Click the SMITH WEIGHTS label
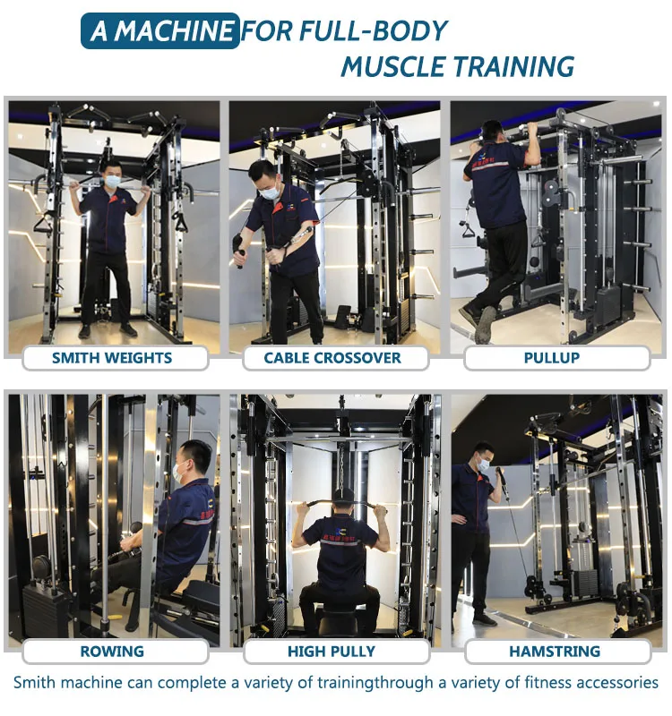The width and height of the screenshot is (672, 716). point(112,358)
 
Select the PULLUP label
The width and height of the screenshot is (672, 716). point(551,358)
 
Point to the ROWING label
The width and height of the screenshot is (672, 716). point(112,652)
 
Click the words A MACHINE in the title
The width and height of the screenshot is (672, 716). point(161,32)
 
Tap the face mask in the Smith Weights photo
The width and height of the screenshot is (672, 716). point(113,181)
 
